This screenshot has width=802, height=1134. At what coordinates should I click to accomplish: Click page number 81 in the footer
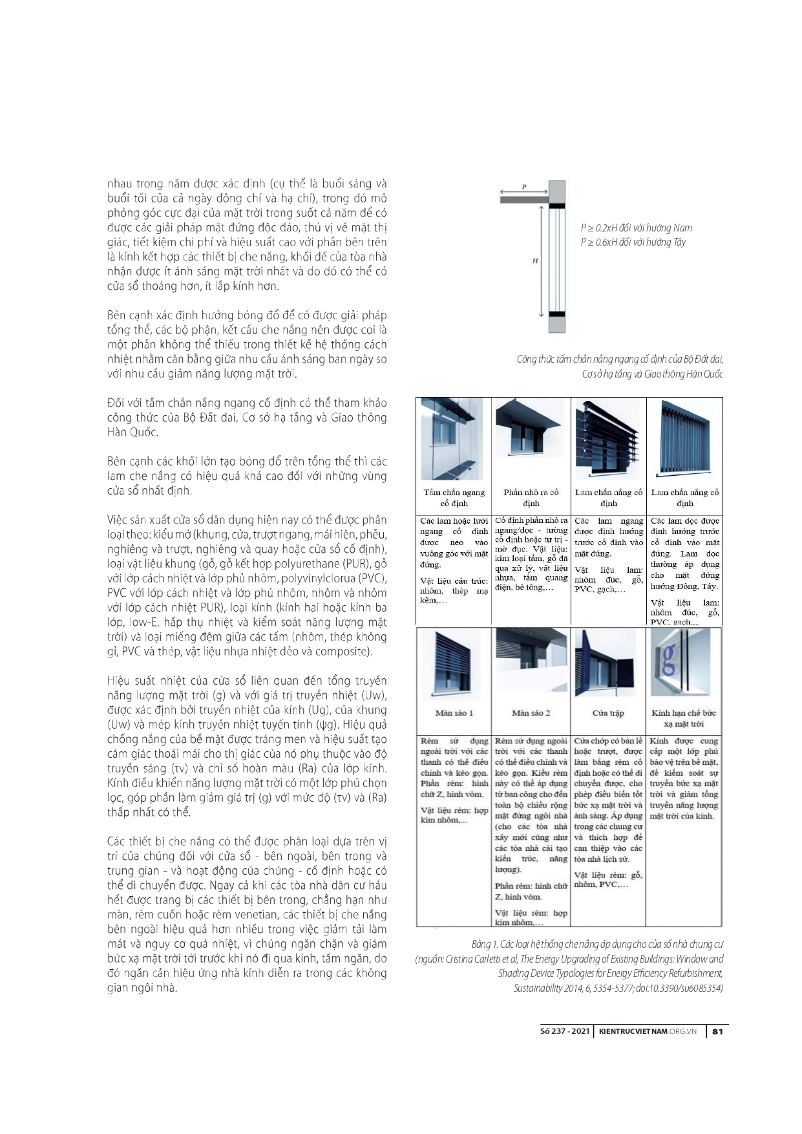click(717, 1031)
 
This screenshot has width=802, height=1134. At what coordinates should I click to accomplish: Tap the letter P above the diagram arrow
click(524, 187)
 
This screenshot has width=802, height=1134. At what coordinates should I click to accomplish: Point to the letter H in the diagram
click(535, 261)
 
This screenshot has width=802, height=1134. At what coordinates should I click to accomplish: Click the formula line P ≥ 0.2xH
click(636, 228)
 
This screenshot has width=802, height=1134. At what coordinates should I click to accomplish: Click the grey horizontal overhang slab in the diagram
click(524, 200)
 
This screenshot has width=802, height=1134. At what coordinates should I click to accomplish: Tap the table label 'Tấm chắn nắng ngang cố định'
click(454, 498)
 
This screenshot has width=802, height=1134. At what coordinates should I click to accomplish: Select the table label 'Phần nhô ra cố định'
click(531, 498)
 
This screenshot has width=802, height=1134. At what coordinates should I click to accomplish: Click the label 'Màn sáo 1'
click(454, 712)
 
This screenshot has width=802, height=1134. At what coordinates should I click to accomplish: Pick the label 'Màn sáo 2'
click(531, 712)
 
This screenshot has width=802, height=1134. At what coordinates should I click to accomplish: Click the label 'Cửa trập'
click(608, 712)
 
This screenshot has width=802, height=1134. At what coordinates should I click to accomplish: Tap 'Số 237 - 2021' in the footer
click(564, 1031)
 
